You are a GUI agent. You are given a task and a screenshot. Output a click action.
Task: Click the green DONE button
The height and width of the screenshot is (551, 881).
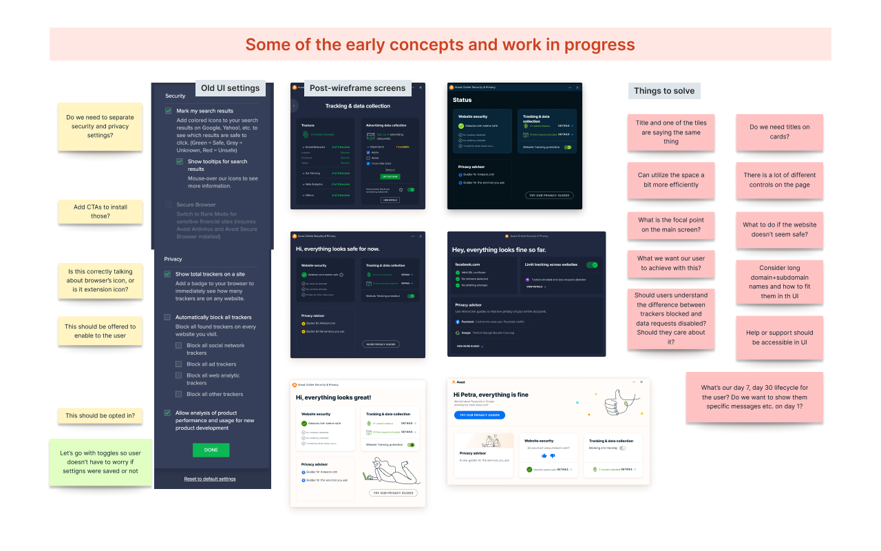click(211, 450)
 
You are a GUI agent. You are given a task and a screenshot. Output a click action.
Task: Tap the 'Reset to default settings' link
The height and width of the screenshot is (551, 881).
click(210, 479)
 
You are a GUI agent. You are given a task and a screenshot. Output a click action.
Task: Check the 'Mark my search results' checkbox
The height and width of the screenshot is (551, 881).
click(168, 111)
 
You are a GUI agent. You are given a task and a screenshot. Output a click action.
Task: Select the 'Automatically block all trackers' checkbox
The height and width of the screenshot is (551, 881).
click(168, 318)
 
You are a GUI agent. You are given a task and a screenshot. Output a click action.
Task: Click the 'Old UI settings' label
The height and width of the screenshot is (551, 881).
click(230, 88)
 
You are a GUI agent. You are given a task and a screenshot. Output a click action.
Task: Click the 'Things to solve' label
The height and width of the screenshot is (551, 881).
click(664, 91)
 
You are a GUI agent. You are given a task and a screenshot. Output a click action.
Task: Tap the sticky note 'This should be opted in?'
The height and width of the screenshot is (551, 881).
click(100, 416)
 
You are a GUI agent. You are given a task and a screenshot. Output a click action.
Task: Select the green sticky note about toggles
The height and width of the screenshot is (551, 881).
click(100, 462)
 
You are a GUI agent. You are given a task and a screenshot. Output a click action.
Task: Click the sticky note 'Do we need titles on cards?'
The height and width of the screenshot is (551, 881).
click(779, 132)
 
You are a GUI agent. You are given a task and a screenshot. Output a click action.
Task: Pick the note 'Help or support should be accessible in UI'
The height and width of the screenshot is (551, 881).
click(779, 337)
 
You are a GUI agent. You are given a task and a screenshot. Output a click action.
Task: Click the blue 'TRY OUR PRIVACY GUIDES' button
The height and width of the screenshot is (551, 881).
click(480, 415)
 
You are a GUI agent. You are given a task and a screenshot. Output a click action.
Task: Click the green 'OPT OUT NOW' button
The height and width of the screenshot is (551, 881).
click(390, 176)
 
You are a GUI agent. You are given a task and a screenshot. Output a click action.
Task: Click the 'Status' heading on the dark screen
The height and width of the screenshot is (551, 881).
click(463, 100)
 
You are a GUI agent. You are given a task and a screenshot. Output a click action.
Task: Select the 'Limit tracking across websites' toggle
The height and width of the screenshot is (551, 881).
click(592, 264)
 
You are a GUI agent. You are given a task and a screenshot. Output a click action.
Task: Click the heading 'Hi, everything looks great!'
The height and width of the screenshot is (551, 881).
click(334, 397)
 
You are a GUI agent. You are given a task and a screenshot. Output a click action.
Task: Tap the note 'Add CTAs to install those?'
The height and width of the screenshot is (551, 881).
click(100, 211)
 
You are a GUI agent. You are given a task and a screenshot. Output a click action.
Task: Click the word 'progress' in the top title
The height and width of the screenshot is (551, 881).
click(599, 45)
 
